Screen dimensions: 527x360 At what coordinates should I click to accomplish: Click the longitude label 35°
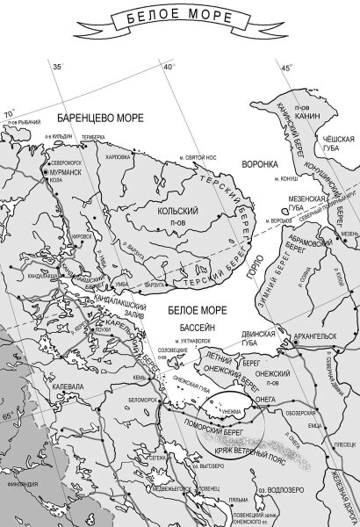58,67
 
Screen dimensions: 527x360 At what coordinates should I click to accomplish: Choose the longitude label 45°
286,68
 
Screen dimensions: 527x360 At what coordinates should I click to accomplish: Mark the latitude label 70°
10,114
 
